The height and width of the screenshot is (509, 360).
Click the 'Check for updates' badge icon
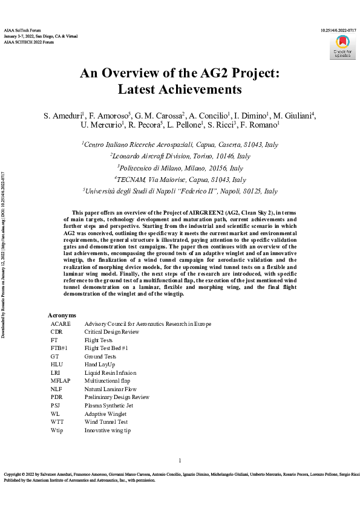[343, 46]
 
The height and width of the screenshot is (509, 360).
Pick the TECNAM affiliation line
[180, 179]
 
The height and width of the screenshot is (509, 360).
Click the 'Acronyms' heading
[62, 316]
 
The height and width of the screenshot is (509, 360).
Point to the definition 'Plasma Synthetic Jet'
[109, 405]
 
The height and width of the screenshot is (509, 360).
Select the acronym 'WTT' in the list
[57, 421]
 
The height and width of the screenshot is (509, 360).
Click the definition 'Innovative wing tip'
[107, 430]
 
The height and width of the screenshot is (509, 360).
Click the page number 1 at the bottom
[180, 460]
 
